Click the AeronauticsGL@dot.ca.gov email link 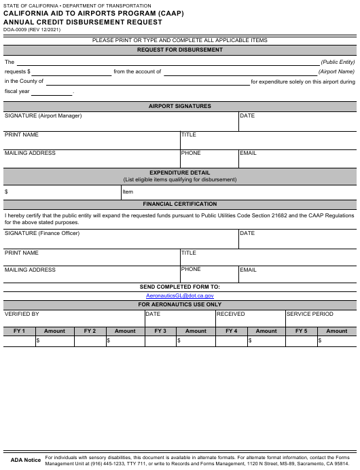coord(180,295)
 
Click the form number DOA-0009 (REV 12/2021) coord(31,29)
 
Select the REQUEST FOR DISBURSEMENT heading coord(180,50)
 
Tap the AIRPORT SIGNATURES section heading coord(180,106)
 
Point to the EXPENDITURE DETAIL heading coord(180,173)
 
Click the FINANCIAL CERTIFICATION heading coord(180,204)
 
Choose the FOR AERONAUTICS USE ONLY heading coord(180,304)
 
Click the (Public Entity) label coord(338,62)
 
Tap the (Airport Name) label coord(336,71)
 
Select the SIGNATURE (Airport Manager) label coord(43,116)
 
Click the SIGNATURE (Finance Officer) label coord(42,234)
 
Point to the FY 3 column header coord(160,331)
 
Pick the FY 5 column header coord(302,331)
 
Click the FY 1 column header coord(19,331)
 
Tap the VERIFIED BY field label coord(22,314)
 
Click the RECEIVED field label coord(231,314)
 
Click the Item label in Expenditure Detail coord(128,192)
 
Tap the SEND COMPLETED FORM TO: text coord(180,287)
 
